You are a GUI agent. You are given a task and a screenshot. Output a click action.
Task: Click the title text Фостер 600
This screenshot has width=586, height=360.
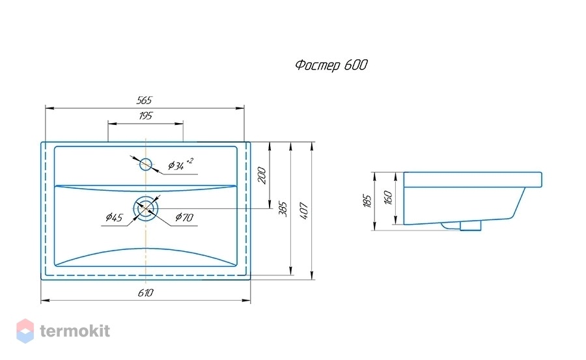point(331,65)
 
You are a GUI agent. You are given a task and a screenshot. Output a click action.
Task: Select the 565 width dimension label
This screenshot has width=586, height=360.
point(145,100)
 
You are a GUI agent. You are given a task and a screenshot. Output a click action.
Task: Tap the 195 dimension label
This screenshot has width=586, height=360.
point(146,116)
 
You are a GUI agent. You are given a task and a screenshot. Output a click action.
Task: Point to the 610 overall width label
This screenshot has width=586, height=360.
point(145,293)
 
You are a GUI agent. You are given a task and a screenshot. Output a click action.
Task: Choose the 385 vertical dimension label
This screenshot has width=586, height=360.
point(283,209)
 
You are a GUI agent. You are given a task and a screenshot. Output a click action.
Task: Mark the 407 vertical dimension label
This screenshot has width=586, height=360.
point(304,210)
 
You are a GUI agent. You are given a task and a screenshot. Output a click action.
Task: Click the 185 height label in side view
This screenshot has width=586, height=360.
point(367,201)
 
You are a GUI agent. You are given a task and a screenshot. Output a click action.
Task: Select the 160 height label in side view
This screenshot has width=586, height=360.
point(388,197)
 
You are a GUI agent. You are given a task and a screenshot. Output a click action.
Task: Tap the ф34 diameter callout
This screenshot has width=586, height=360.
point(180,165)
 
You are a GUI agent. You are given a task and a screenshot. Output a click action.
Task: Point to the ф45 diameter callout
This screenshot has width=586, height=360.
point(114,217)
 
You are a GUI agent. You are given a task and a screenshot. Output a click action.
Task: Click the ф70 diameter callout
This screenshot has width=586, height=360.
point(184,217)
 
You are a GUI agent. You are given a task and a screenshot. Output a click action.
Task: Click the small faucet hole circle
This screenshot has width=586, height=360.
point(146,164)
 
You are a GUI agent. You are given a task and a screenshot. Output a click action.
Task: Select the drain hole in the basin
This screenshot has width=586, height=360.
point(146,208)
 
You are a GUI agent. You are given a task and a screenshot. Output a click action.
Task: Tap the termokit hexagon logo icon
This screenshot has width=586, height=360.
point(25,331)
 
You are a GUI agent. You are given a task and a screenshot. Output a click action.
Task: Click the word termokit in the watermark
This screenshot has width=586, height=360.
point(75,331)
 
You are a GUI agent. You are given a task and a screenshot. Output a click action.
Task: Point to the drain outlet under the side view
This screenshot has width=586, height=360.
point(471,225)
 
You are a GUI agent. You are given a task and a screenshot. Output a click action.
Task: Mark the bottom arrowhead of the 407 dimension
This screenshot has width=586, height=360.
point(312,275)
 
